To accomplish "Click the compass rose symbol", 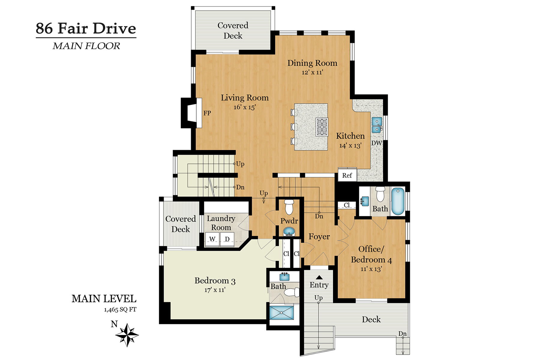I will (x=127, y=334).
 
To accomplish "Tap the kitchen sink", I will (x=377, y=125).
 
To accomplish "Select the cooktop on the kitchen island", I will (x=322, y=127).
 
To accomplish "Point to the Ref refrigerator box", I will (x=347, y=175).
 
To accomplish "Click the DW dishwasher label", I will (x=376, y=143).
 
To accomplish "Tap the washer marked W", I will (x=212, y=239).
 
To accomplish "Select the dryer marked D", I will (x=227, y=239).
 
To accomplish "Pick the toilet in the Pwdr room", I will (x=289, y=206).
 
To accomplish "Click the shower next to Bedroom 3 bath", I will (x=281, y=312).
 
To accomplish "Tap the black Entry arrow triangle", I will (x=319, y=277).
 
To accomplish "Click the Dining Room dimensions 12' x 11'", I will (x=312, y=72).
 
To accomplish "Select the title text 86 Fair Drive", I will (x=86, y=28).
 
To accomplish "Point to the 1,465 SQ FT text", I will (x=120, y=310).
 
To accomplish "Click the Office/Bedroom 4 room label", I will (x=371, y=254).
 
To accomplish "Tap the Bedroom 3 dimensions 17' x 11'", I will (x=215, y=290).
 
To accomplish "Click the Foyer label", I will (x=319, y=237).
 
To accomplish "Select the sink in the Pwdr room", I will (x=289, y=231).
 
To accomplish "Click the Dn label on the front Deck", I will (x=402, y=334).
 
